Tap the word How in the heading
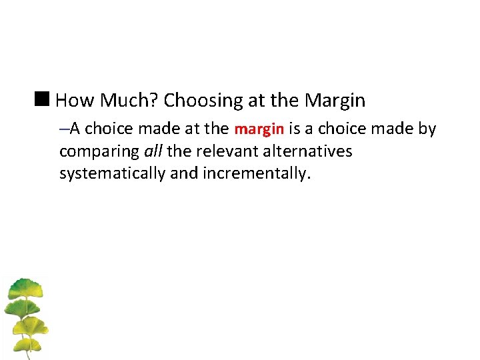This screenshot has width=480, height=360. tap(73, 101)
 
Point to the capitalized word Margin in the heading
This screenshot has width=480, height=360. tap(335, 101)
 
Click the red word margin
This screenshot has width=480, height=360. tap(259, 129)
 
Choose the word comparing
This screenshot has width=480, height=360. tap(99, 152)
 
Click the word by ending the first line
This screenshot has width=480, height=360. tap(427, 129)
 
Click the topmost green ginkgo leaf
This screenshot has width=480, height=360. tap(25, 287)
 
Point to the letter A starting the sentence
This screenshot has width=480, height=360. tap(75, 129)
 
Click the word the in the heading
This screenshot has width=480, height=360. tap(285, 101)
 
